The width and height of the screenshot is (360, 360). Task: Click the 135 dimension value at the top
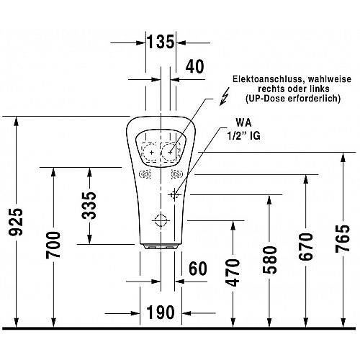(161, 42)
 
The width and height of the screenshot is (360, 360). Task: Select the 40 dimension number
(194, 66)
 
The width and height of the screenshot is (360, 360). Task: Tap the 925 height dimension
(16, 222)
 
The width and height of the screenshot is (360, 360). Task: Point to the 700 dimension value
(53, 245)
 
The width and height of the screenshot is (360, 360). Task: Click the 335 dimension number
(89, 206)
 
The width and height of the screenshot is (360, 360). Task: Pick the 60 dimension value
(198, 269)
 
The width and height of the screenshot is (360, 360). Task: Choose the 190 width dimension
(161, 312)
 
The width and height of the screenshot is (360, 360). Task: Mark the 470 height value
(233, 273)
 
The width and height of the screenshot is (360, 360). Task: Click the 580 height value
(269, 260)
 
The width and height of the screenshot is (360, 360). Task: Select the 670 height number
(306, 246)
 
